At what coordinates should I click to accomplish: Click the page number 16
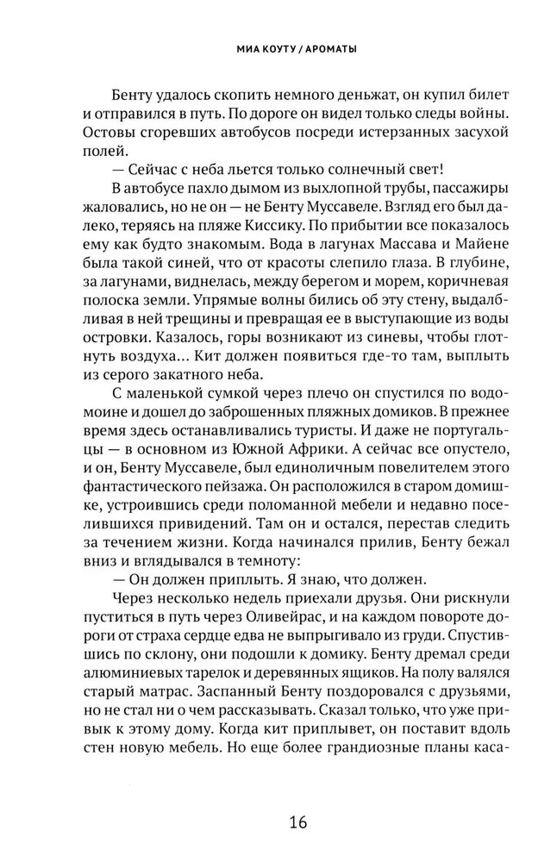tap(278, 820)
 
